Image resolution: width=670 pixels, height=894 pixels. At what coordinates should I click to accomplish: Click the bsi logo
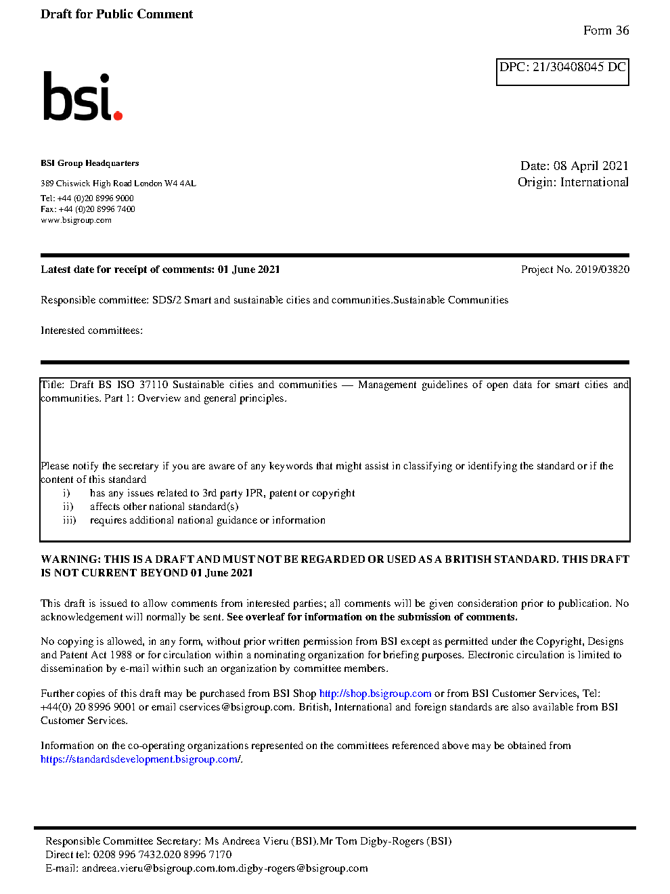82,97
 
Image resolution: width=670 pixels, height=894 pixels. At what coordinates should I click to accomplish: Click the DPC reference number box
562,71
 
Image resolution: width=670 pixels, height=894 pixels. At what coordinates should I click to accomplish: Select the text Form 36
606,30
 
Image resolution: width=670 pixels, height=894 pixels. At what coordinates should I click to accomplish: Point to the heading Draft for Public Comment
116,14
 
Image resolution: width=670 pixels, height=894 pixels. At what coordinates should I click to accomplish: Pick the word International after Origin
594,182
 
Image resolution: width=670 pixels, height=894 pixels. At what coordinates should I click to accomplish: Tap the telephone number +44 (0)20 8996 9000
95,198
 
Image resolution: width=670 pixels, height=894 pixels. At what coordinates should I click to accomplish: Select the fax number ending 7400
97,209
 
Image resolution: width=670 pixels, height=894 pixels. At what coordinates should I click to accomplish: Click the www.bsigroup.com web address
76,220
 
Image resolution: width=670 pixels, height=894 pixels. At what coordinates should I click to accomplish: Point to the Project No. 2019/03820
575,270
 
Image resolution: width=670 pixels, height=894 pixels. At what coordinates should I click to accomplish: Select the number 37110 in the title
154,385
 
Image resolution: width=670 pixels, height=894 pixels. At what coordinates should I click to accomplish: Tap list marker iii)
69,520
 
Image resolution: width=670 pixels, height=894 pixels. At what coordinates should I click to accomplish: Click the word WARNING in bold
70,559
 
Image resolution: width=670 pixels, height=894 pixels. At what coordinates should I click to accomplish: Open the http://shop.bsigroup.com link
375,694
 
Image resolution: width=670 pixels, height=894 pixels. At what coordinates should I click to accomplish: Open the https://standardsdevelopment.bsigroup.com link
139,759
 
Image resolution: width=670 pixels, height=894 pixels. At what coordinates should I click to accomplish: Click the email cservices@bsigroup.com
236,707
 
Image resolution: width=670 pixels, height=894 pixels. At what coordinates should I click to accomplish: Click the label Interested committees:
91,331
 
